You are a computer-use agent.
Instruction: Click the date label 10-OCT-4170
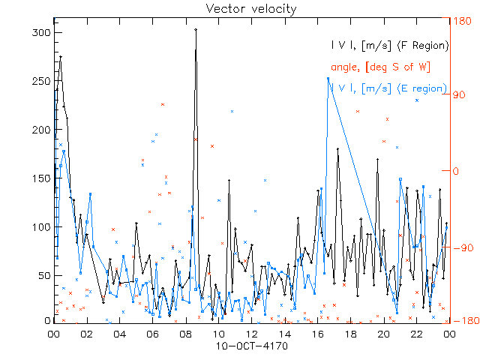click(x=251, y=347)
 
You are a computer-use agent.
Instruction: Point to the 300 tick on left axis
click(x=42, y=33)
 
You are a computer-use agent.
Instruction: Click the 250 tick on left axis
click(x=42, y=81)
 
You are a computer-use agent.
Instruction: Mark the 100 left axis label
click(x=42, y=226)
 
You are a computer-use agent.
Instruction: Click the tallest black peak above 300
click(x=196, y=30)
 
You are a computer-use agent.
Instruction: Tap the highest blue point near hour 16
click(x=328, y=78)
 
